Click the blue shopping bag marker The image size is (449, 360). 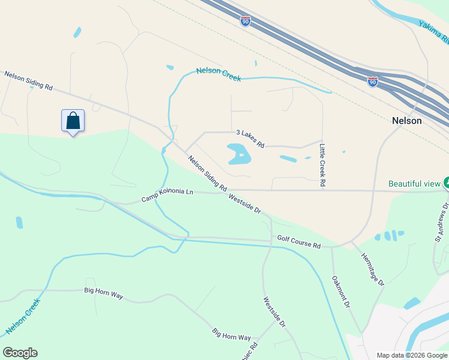73,121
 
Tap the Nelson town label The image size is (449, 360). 406,121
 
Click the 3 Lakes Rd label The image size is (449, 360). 250,139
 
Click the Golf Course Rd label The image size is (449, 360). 299,242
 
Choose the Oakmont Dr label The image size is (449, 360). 341,292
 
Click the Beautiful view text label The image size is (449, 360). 414,184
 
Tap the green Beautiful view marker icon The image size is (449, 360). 446,182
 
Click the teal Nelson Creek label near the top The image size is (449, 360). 218,74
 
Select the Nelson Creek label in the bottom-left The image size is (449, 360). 23,317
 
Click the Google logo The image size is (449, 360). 20,353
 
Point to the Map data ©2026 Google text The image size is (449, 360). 412,355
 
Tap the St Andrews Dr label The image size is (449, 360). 442,220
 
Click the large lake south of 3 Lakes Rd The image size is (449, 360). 238,154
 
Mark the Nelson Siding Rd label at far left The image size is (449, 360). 28,81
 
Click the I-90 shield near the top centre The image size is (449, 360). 246,22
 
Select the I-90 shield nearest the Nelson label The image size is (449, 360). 373,81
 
